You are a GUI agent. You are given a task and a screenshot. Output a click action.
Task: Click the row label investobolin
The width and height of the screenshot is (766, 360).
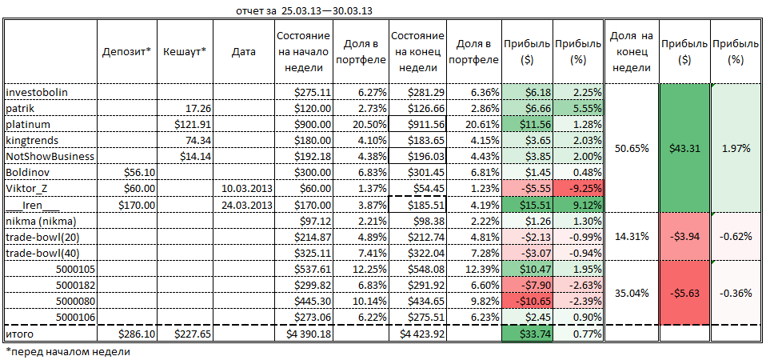coord(37,92)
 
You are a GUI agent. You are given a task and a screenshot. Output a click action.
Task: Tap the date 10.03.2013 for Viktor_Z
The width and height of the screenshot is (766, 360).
coord(245,187)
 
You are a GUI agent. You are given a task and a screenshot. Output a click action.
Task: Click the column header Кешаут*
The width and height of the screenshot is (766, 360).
coord(185,52)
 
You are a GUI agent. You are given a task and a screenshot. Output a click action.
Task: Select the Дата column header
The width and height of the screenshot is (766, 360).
coord(243,52)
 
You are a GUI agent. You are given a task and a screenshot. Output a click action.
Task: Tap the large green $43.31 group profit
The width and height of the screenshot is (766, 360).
coord(684,148)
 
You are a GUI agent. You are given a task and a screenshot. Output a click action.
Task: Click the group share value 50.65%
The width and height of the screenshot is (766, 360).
coord(632,148)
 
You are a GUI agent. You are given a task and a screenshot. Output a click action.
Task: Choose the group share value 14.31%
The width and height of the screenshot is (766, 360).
coord(632,236)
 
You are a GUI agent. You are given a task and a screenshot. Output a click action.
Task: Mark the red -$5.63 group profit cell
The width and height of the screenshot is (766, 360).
coord(684,292)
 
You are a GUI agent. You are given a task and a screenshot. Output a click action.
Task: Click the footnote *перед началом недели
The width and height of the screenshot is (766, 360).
coord(67,350)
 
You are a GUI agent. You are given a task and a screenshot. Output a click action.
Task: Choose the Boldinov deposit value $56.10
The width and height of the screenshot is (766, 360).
coord(138,171)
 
